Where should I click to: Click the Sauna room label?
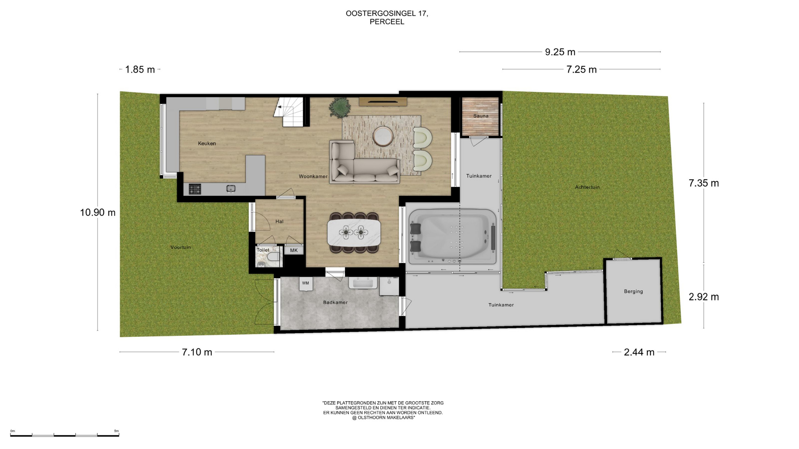tap(481, 116)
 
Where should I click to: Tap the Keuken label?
tap(207, 143)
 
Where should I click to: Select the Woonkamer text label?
tap(313, 176)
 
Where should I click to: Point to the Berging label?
tap(633, 291)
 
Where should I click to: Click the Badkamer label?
tap(335, 302)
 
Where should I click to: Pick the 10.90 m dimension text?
tap(98, 212)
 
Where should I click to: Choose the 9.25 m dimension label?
tap(560, 52)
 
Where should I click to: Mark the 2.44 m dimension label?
tap(639, 352)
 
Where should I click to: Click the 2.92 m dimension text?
tap(704, 297)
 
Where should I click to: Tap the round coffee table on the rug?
tap(383, 136)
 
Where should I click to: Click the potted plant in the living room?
tap(340, 107)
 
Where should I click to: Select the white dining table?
tap(354, 232)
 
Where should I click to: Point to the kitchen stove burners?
tap(195, 189)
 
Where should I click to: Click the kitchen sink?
tap(231, 189)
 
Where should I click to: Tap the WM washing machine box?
tap(306, 284)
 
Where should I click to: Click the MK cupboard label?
tap(294, 250)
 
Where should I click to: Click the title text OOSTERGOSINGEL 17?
tap(387, 13)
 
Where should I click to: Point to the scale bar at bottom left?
tap(65, 435)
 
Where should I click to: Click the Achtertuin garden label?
tap(587, 187)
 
